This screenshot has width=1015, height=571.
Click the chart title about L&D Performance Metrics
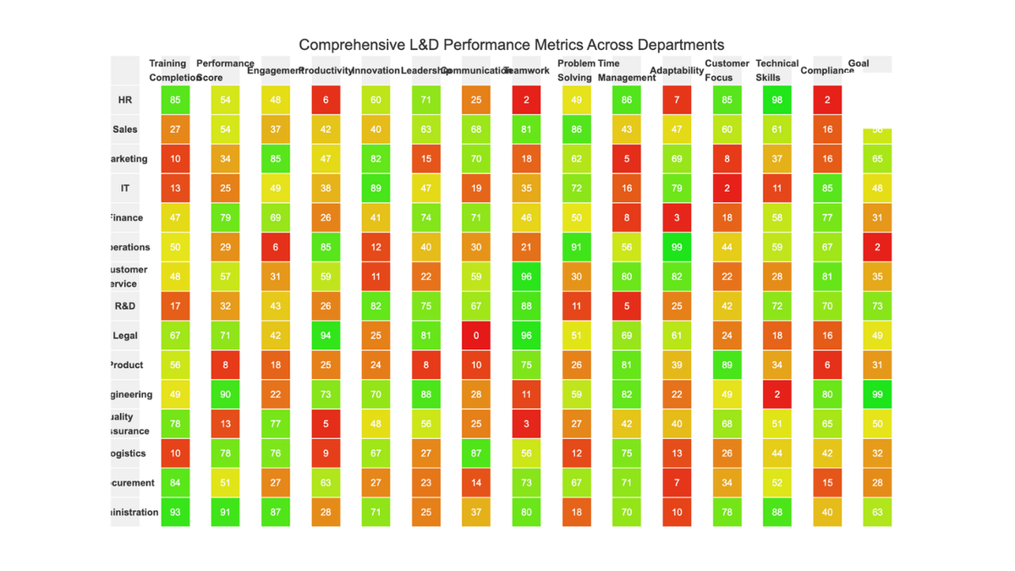(511, 45)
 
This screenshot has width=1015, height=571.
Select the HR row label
(125, 100)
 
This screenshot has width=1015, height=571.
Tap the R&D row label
(125, 306)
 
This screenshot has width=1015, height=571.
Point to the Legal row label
(125, 336)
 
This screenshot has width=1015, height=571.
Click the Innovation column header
(376, 70)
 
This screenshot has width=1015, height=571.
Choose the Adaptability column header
(677, 70)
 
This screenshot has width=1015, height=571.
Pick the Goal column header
(859, 63)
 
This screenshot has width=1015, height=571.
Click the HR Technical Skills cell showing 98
(777, 100)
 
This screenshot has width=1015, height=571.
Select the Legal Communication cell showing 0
(476, 336)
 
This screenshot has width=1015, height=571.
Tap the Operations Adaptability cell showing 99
(677, 247)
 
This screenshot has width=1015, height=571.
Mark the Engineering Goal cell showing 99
(877, 394)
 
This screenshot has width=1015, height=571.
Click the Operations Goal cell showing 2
(877, 247)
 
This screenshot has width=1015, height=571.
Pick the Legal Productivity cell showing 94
(326, 336)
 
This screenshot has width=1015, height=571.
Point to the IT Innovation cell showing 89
(376, 189)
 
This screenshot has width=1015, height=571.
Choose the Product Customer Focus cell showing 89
(727, 365)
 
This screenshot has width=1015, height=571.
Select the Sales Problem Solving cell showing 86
(576, 129)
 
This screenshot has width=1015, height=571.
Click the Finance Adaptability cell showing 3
(677, 218)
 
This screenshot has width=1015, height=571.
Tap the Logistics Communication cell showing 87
(476, 453)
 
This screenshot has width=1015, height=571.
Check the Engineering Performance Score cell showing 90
(225, 394)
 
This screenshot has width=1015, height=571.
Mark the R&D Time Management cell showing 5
(627, 306)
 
